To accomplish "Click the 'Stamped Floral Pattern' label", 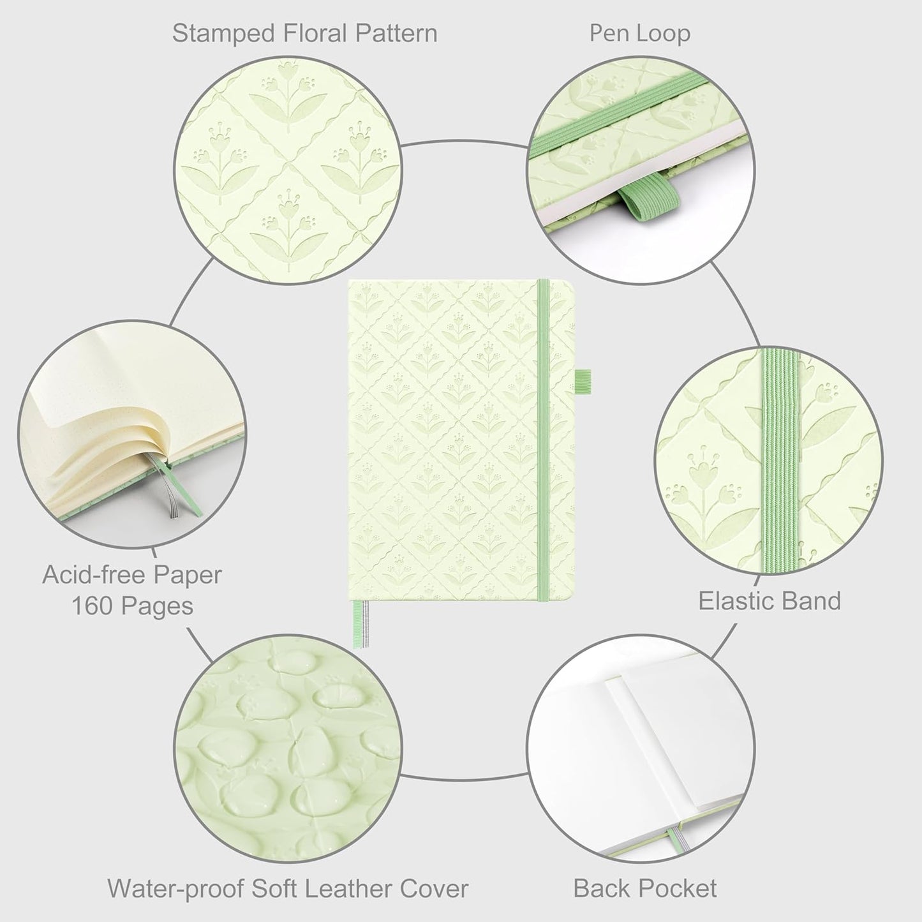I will (304, 33).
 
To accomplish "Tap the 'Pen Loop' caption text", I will (639, 33).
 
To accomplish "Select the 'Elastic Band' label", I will (770, 601).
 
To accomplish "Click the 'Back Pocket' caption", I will (644, 888).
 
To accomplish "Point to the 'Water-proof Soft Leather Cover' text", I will (288, 888).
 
